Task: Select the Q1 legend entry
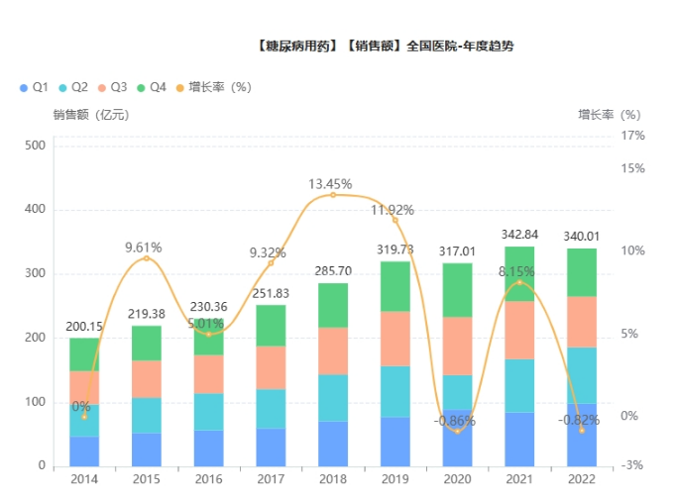[35, 87]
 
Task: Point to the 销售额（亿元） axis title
[90, 114]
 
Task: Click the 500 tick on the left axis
[35, 146]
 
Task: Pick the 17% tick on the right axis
[632, 135]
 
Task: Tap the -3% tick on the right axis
[632, 465]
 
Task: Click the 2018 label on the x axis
[332, 480]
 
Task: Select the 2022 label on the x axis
[582, 480]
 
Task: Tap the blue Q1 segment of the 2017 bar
[271, 447]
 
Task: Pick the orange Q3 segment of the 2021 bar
[519, 330]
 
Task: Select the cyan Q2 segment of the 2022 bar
[582, 374]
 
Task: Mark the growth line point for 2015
[147, 258]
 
